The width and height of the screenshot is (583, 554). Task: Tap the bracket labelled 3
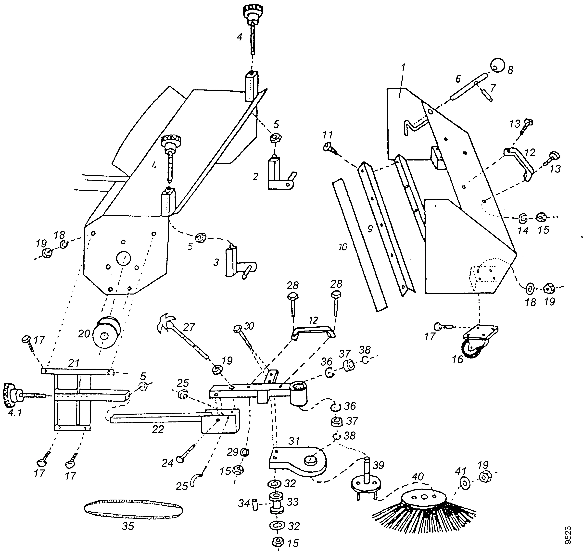236,261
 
